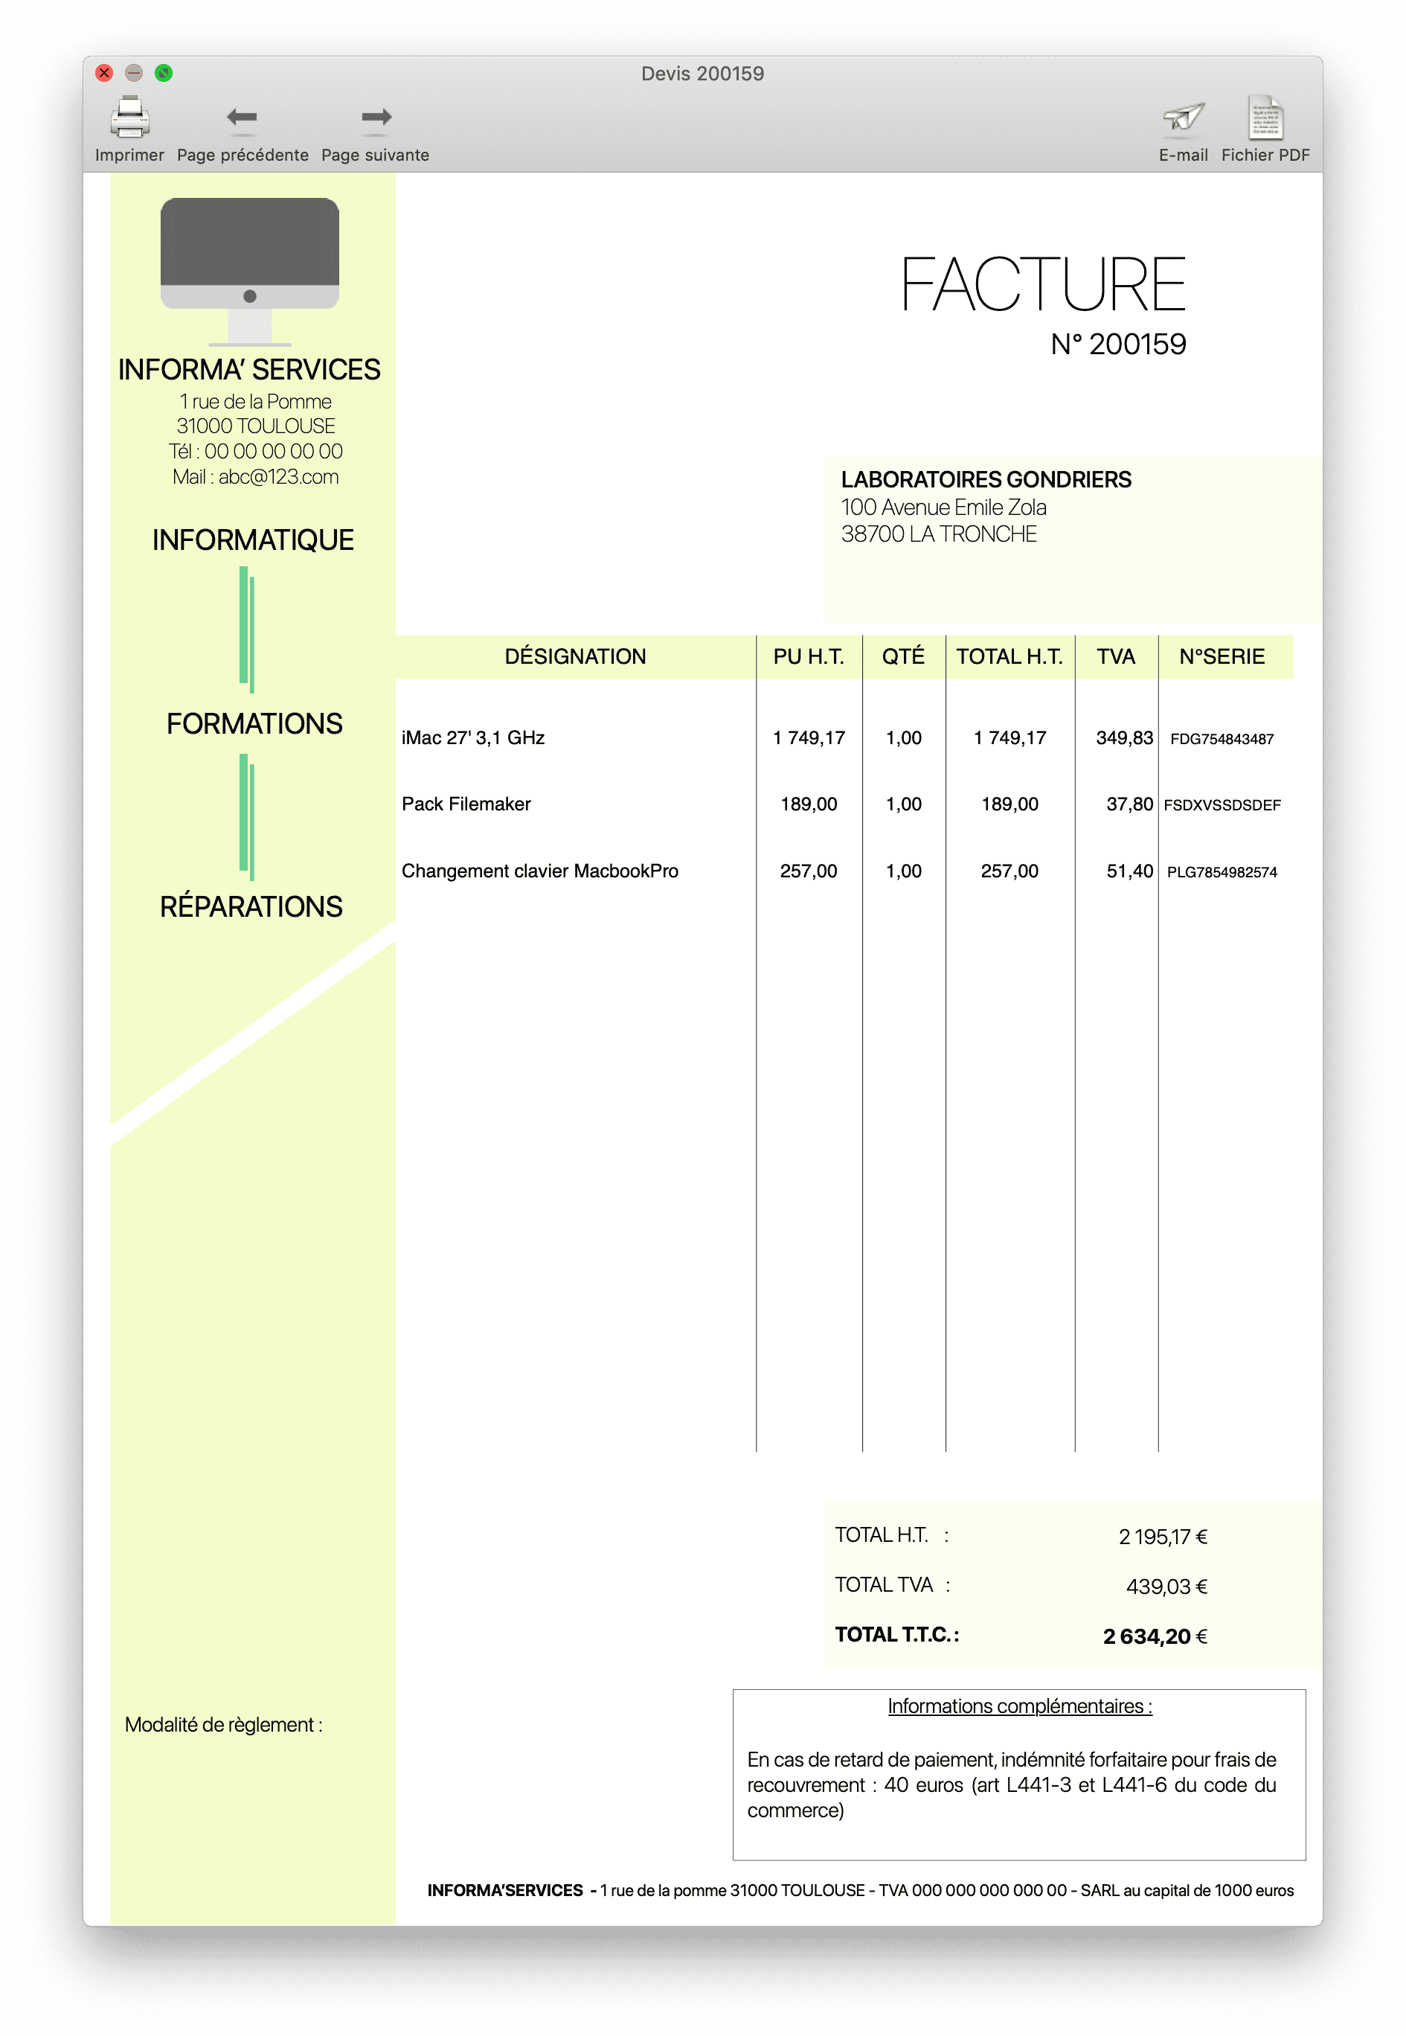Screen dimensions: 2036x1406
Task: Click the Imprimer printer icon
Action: (x=129, y=117)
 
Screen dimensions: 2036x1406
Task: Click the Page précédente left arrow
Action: (x=241, y=117)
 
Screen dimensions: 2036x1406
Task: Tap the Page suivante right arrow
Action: (x=376, y=117)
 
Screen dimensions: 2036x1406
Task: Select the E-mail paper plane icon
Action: (x=1183, y=117)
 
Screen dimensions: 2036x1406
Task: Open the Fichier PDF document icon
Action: (x=1265, y=117)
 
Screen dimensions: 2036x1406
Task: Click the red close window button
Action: (x=104, y=73)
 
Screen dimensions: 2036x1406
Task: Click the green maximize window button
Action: (x=164, y=73)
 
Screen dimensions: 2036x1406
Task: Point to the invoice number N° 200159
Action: (x=1118, y=345)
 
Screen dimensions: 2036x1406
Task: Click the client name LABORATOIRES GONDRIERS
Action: (x=986, y=480)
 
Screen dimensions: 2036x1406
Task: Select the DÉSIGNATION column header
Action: (x=575, y=657)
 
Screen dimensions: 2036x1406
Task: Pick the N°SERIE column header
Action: (x=1222, y=657)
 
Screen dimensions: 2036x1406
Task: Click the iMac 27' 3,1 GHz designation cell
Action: (x=473, y=738)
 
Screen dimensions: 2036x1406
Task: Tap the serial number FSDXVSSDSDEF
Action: (x=1222, y=805)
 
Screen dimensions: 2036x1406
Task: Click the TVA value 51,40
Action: (x=1129, y=871)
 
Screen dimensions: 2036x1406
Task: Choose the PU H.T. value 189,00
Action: (x=809, y=804)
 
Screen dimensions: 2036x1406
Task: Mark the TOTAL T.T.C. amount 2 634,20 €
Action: (x=1154, y=1637)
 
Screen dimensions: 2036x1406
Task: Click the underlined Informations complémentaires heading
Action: (x=1019, y=1706)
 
